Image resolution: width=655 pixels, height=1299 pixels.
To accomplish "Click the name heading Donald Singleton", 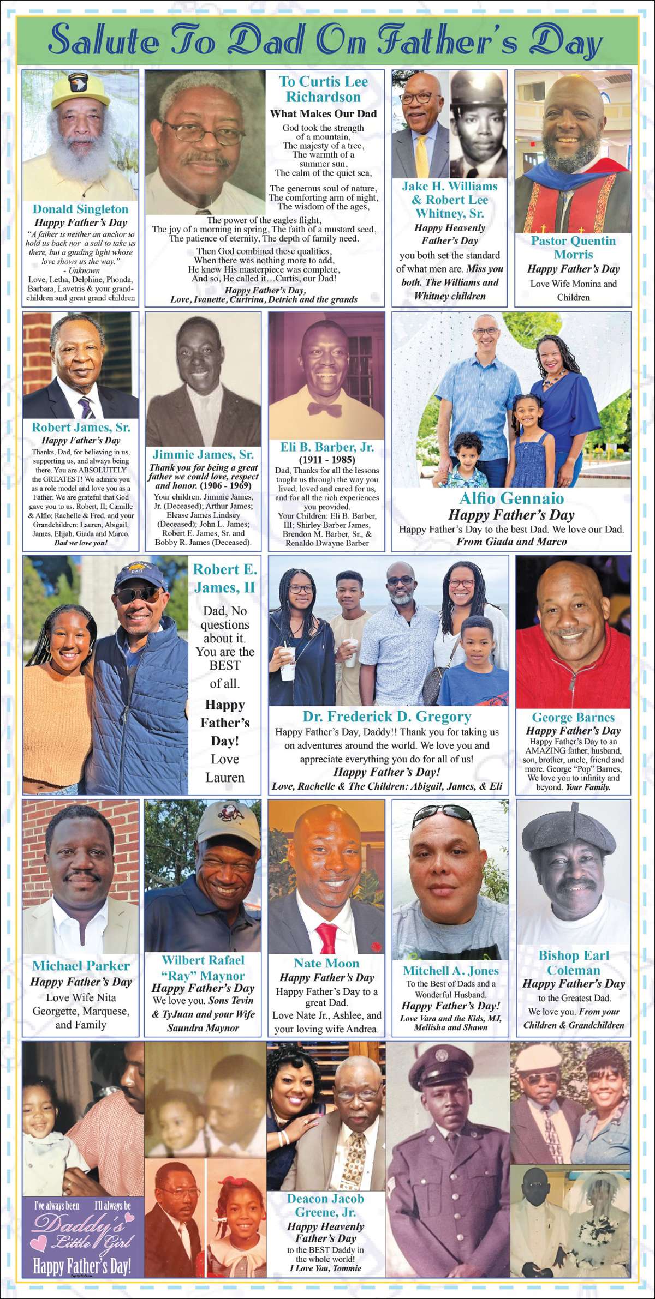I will pos(80,209).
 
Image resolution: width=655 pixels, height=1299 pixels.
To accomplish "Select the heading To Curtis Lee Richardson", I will pos(323,89).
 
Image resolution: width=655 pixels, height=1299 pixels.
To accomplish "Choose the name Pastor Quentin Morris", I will pos(573,248).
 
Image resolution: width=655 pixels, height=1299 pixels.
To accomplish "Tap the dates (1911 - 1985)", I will pos(327,460).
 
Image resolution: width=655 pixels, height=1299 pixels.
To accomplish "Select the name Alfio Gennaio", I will pos(511,498).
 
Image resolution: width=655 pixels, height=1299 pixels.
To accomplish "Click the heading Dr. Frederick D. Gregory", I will pos(386,717).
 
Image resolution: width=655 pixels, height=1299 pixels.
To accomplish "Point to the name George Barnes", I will pos(573,718).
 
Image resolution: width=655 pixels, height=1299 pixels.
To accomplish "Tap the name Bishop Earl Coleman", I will pos(573,963).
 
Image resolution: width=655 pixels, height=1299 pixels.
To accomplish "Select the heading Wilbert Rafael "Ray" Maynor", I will pos(203,968).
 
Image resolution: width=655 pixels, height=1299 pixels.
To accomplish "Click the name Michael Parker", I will pos(81,966).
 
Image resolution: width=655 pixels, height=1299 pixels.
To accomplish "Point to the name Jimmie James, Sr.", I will pos(203,454).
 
